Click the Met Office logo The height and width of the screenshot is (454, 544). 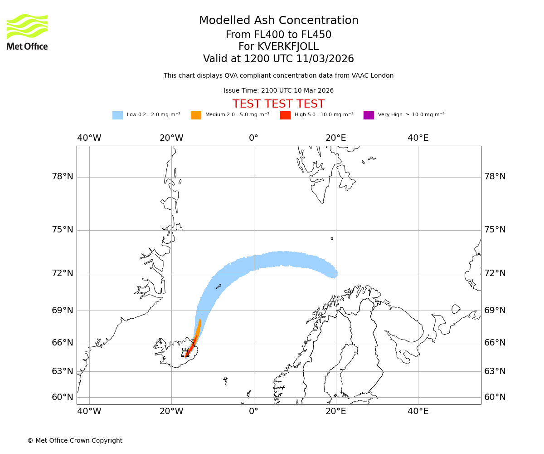[27, 32]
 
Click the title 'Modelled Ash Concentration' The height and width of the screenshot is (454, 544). [279, 21]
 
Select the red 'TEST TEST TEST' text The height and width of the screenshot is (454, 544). [278, 104]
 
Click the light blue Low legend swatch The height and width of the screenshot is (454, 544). [117, 115]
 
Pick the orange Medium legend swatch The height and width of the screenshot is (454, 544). [196, 115]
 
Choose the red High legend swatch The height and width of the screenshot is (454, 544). [285, 115]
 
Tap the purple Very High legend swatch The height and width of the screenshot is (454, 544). [369, 115]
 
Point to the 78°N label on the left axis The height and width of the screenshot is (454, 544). [63, 177]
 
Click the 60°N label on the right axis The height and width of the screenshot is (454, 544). [495, 397]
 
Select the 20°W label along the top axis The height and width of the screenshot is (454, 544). [171, 138]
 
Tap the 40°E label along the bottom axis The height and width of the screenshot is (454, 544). [418, 411]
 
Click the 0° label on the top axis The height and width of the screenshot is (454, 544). [253, 138]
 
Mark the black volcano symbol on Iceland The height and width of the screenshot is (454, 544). [185, 353]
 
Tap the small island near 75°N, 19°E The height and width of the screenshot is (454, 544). [332, 238]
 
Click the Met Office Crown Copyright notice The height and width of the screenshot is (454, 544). [75, 440]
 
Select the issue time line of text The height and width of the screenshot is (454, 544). [278, 91]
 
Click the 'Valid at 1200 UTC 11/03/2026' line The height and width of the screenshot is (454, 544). [278, 59]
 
